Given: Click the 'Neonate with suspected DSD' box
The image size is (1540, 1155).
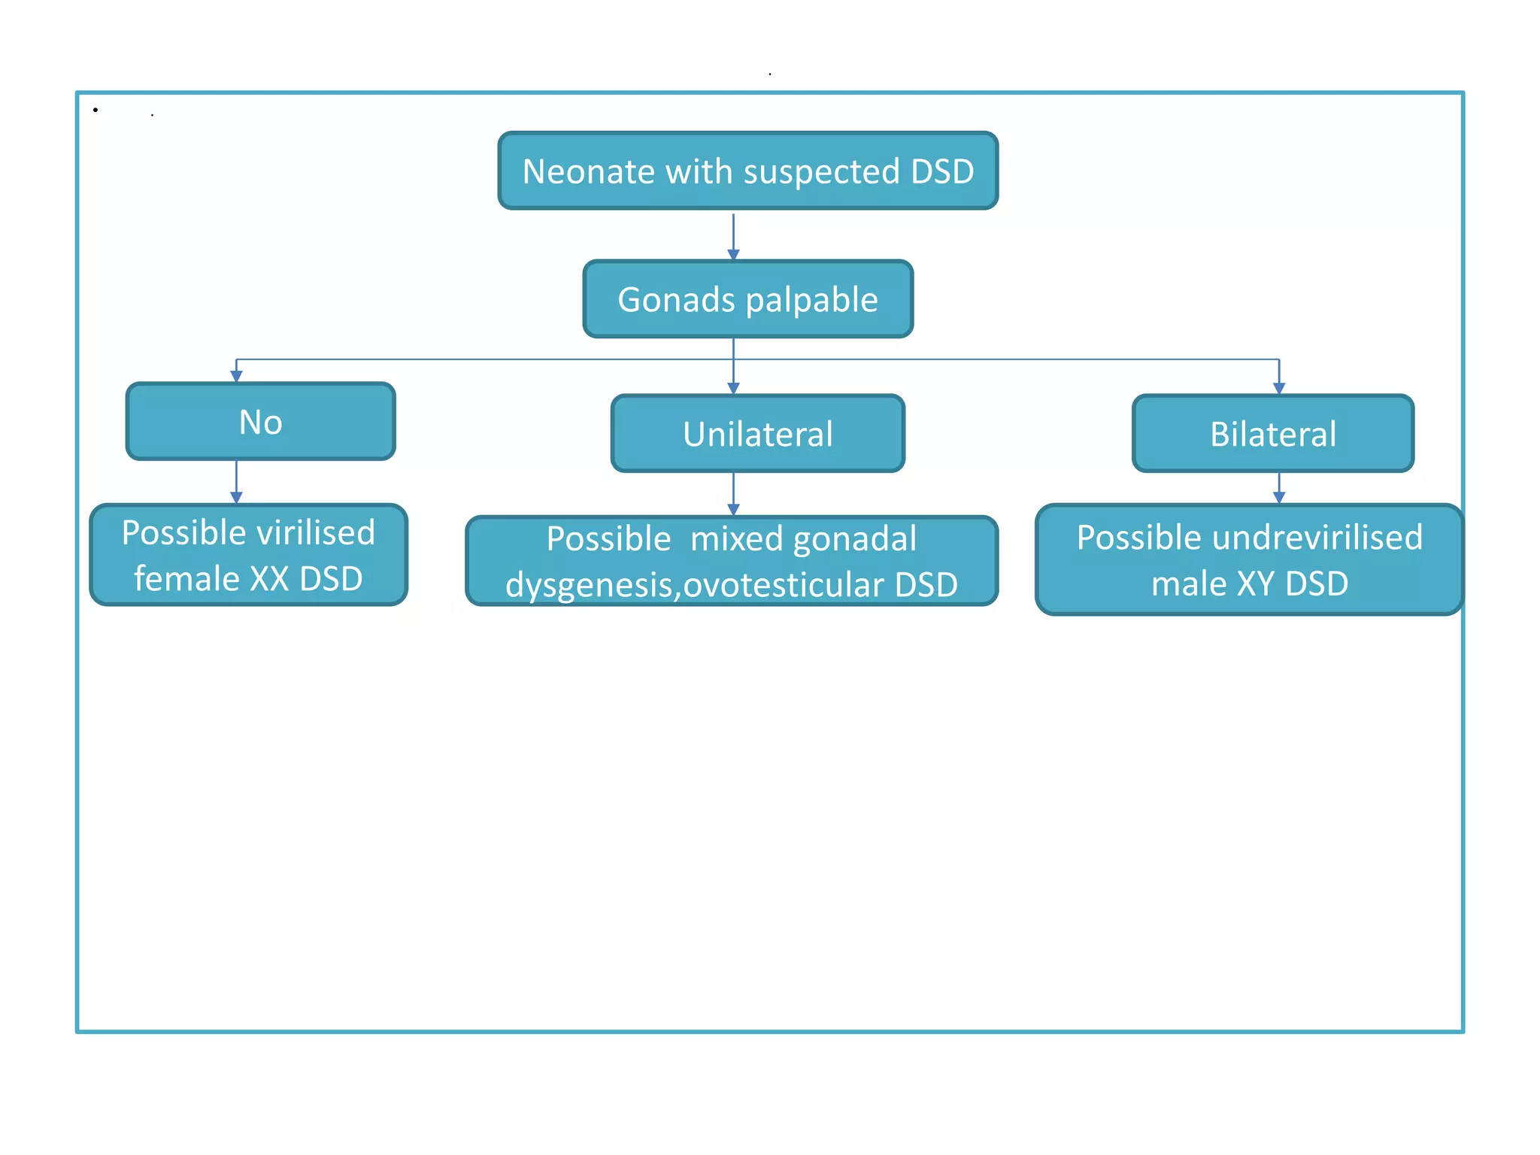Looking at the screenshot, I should point(747,171).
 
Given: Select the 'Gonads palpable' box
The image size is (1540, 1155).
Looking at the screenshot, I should point(747,299).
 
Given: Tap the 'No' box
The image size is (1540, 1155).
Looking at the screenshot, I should point(260,421).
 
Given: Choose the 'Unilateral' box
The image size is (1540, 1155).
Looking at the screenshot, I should point(757,434).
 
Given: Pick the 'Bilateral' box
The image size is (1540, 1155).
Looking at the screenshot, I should point(1272,434).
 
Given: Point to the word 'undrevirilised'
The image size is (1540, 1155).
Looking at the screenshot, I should point(1317,537).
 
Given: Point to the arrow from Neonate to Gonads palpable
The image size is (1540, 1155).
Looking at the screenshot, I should point(733,236).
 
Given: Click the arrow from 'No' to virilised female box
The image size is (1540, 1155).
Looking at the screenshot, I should point(236,481).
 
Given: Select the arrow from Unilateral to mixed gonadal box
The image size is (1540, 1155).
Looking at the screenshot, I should point(733,493).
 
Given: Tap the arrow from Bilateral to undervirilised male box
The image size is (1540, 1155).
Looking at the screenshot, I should point(1278,487).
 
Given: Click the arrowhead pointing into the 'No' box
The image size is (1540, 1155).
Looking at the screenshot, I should point(236,376).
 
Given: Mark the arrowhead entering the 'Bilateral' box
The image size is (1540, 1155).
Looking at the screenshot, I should point(1278,388).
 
